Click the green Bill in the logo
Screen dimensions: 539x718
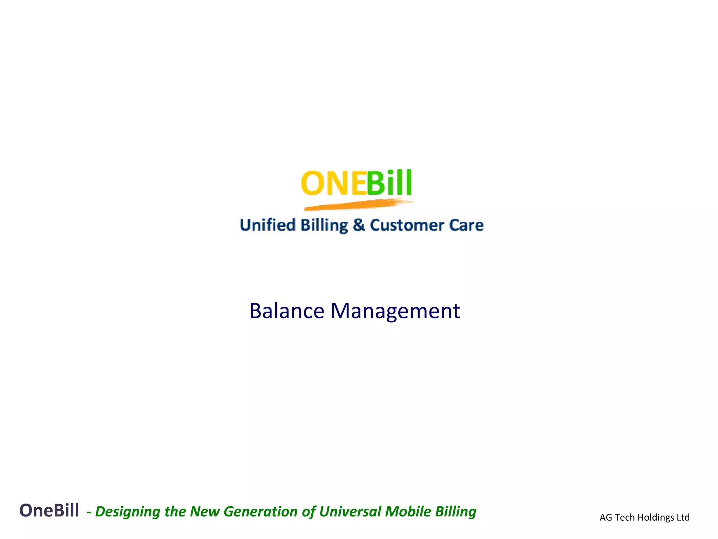coord(389,183)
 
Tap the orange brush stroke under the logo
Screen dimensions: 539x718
coord(358,205)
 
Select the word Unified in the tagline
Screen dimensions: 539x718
coord(267,225)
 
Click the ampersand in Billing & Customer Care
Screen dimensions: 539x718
coord(359,225)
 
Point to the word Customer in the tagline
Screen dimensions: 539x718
coord(407,225)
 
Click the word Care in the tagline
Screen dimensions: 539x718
coord(466,225)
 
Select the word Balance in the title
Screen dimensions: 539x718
coord(287,311)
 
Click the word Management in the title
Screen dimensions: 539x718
coord(395,311)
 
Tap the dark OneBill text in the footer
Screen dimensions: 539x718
coord(49,511)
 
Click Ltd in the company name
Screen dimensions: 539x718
coord(683,518)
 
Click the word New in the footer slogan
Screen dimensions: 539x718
coord(205,512)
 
